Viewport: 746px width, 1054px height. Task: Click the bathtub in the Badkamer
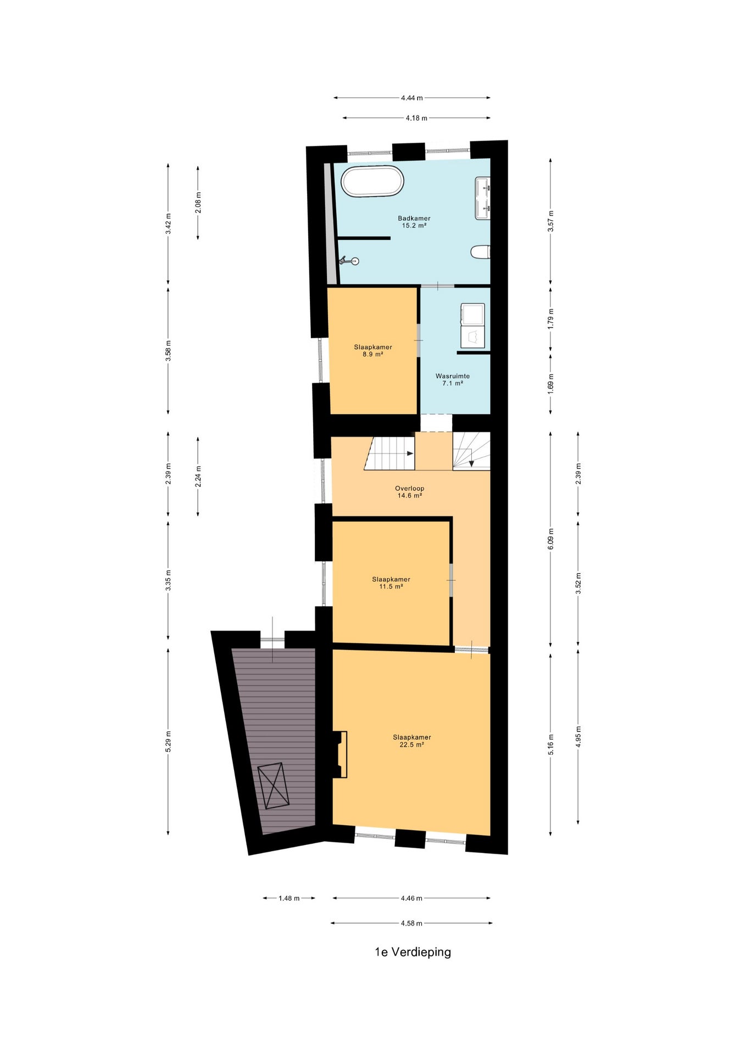[x=372, y=181]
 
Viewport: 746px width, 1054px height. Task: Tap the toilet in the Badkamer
[x=480, y=252]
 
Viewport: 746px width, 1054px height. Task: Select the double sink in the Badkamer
[x=482, y=198]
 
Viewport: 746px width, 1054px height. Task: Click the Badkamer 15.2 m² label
[x=414, y=222]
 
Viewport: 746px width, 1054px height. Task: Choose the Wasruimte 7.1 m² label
[x=453, y=379]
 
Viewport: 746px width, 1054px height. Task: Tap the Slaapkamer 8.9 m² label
[x=373, y=350]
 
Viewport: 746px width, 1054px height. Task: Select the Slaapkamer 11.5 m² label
[x=391, y=582]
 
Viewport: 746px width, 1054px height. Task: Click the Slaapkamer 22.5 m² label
[x=412, y=741]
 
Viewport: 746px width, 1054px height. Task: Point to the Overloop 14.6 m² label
[x=410, y=492]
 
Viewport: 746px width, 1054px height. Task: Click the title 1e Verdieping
[x=413, y=952]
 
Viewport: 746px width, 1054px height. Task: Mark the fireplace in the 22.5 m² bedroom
[x=338, y=754]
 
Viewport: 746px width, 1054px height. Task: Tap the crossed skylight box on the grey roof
[x=273, y=786]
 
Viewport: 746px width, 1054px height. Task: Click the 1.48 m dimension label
[x=289, y=898]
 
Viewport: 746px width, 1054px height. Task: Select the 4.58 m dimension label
[x=411, y=923]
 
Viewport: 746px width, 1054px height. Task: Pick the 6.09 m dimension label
[x=551, y=539]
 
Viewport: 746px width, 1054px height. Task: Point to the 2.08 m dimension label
[x=198, y=203]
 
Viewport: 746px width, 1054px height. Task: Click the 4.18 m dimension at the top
[x=416, y=118]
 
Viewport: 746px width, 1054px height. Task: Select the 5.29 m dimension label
[x=168, y=741]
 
